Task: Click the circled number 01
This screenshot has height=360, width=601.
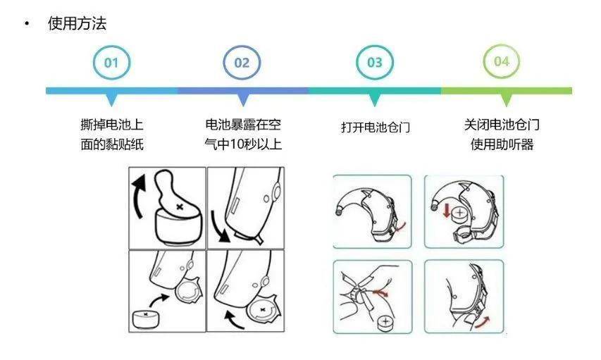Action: coord(111,62)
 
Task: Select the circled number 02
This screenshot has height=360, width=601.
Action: coord(242,62)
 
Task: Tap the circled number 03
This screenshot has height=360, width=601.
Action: coord(374,62)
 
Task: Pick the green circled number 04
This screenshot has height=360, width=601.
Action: coord(502,61)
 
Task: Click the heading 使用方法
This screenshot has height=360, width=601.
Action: coord(77,23)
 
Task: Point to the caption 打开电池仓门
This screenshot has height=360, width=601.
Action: coord(376,127)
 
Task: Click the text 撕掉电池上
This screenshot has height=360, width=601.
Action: coord(112,125)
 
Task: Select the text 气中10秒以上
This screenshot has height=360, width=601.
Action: coord(243,144)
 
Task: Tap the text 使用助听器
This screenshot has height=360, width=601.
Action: coord(502,144)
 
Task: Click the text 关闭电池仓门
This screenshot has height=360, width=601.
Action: coord(502,125)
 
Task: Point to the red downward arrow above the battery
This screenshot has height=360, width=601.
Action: coord(446,211)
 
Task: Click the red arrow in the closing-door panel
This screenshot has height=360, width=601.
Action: coord(483,323)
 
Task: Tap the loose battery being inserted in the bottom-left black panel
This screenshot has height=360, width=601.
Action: coord(145,319)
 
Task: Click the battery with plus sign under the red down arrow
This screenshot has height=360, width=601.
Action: coord(460,214)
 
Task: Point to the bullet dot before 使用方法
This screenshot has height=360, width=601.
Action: coord(27,24)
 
